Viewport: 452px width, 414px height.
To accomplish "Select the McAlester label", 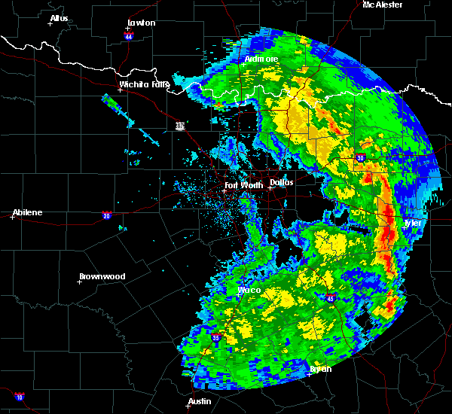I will [x=382, y=5].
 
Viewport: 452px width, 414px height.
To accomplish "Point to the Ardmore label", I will [x=261, y=59].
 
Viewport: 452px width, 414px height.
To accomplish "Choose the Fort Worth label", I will [x=243, y=185].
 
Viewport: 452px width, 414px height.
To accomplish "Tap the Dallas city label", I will [x=282, y=182].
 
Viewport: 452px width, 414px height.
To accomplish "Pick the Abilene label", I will [x=27, y=212].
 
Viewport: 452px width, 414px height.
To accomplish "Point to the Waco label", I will [x=249, y=290].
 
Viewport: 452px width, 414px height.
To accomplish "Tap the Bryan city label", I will [x=320, y=369].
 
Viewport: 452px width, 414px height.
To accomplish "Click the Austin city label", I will [x=200, y=401].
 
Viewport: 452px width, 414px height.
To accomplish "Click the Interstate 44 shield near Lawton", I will [x=129, y=35].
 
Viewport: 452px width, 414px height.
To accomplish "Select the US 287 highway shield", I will [x=180, y=126].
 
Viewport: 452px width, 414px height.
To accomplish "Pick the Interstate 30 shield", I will [x=360, y=158].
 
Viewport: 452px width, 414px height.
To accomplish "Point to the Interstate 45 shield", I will [x=331, y=299].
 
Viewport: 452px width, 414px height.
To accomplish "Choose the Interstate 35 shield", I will [x=215, y=339].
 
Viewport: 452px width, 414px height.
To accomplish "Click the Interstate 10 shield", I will [x=19, y=397].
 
